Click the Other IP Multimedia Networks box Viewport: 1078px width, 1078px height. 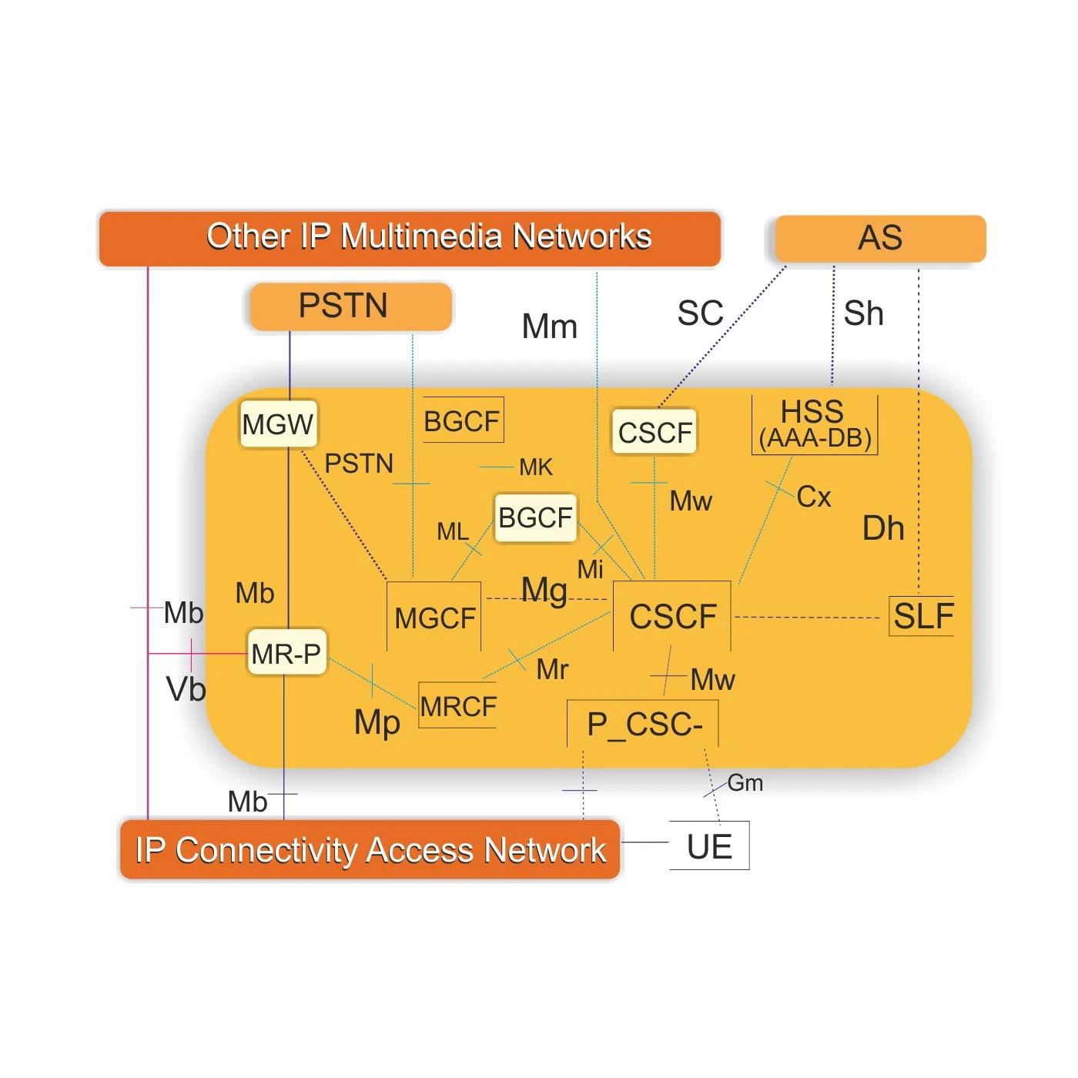(x=410, y=238)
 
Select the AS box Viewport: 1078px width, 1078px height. (x=879, y=238)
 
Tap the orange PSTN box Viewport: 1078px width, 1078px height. (x=350, y=306)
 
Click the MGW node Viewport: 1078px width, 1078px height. (x=278, y=424)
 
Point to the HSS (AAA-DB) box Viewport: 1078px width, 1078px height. (x=814, y=425)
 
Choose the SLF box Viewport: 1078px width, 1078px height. (x=922, y=616)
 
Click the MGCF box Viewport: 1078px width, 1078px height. (x=434, y=618)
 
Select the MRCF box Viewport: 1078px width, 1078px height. (x=458, y=705)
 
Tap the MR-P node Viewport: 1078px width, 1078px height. (x=286, y=654)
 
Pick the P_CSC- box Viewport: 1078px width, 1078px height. (x=644, y=725)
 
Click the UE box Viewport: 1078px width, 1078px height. (x=709, y=846)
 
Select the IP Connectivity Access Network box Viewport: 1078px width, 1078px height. (x=370, y=850)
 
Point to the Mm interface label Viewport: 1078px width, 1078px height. (x=549, y=326)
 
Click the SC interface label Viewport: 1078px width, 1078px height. (x=700, y=313)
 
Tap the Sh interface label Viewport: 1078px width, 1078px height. (x=863, y=313)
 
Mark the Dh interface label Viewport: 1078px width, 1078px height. (x=882, y=528)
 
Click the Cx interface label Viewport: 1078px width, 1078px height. (x=814, y=497)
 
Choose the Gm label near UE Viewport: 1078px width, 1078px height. (x=745, y=783)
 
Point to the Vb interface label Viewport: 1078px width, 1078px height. (x=186, y=688)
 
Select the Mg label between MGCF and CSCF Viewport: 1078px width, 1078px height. (x=544, y=591)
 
